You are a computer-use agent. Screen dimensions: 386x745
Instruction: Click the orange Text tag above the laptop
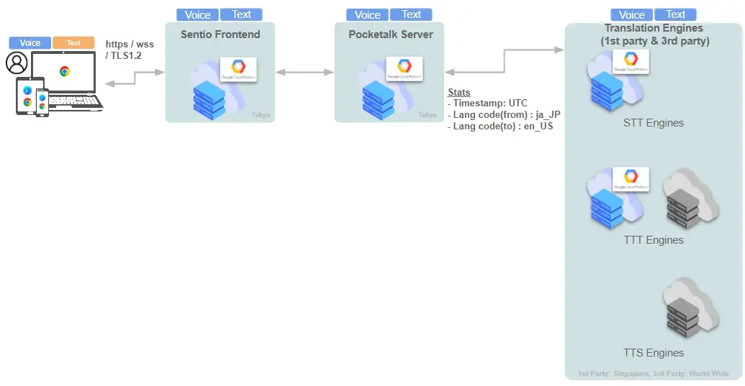73,43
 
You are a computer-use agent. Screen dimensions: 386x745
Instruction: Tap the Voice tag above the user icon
30,43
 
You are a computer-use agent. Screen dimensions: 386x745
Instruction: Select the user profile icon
16,63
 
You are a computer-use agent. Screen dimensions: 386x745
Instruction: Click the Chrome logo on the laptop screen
64,71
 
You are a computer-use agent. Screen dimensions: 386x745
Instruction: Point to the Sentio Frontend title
220,34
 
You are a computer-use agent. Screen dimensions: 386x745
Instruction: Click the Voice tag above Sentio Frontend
197,14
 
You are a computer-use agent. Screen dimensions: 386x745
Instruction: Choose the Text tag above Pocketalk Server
411,14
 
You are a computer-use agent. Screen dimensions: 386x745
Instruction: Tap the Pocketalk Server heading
391,34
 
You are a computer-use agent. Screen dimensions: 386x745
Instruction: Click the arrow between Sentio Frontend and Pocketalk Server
304,72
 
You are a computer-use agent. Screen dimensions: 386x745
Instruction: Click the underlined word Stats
459,93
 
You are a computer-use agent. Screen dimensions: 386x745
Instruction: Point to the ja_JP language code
545,114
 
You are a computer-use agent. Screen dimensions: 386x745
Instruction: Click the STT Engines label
653,123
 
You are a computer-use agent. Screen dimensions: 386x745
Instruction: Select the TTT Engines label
654,240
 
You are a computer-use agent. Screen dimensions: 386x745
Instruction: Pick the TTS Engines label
654,353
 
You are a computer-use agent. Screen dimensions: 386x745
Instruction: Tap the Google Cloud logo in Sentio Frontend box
238,70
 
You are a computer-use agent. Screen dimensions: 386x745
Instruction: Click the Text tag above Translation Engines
675,14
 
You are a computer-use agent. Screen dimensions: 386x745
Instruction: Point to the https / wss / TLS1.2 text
130,50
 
